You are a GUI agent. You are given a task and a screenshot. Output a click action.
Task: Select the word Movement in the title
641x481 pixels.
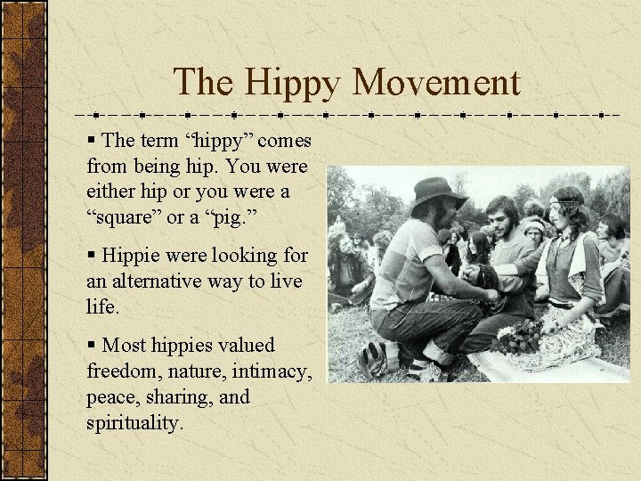(x=436, y=83)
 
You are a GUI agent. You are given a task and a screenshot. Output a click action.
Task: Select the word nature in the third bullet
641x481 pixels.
(x=200, y=371)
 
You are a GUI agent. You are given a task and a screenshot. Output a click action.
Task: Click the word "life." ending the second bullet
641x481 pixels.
(x=103, y=306)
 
